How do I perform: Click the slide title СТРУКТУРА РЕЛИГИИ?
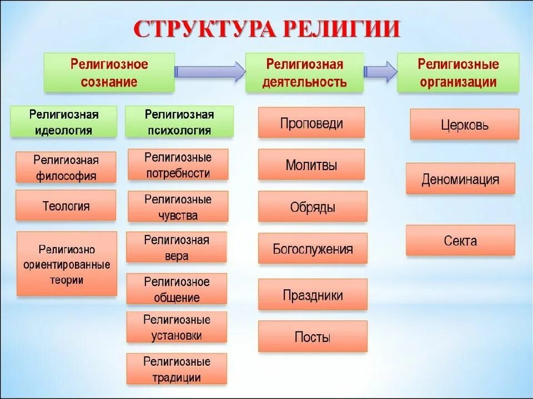point(266,29)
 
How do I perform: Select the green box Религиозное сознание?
point(109,73)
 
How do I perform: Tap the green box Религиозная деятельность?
point(304,73)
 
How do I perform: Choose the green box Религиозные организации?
point(458,73)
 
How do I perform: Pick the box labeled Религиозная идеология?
point(64,122)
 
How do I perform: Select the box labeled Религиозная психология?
point(179,122)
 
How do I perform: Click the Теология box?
point(66,206)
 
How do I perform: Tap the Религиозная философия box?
point(66,167)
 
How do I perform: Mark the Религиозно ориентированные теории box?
point(67,264)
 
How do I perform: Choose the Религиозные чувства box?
point(178,207)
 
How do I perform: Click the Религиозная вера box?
point(177,247)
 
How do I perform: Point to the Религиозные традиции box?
point(177,369)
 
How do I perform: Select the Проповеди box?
point(311,122)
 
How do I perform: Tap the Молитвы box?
point(311,165)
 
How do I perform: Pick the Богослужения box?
point(313,248)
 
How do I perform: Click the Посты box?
point(313,336)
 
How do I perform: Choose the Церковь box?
point(465,124)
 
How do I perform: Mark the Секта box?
point(460,241)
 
